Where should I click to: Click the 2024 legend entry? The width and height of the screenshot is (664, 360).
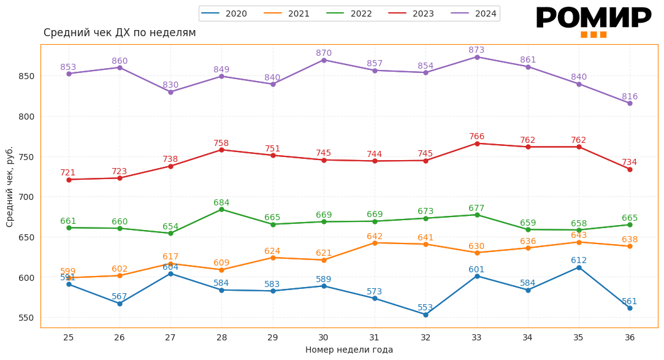pyautogui.click(x=474, y=13)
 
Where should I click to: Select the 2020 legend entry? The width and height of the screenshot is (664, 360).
pyautogui.click(x=224, y=13)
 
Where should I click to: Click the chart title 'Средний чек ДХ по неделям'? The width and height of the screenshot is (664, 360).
pyautogui.click(x=120, y=33)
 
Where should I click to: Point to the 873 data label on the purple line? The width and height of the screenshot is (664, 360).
pyautogui.click(x=476, y=50)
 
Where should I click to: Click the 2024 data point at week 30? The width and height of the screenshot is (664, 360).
pyautogui.click(x=324, y=59)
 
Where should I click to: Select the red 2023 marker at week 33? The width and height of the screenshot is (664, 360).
pyautogui.click(x=477, y=144)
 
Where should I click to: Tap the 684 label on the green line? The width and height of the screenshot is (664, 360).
pyautogui.click(x=221, y=202)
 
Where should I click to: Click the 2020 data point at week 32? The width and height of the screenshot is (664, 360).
pyautogui.click(x=425, y=315)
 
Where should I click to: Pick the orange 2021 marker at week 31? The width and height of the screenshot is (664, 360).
pyautogui.click(x=375, y=243)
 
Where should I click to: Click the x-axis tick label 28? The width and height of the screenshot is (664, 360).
pyautogui.click(x=221, y=337)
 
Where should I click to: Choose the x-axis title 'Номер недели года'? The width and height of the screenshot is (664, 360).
pyautogui.click(x=349, y=350)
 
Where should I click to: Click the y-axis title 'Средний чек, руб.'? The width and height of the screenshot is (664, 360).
pyautogui.click(x=10, y=186)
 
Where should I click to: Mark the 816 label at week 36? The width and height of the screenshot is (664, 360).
pyautogui.click(x=630, y=96)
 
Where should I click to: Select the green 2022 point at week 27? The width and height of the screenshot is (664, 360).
pyautogui.click(x=170, y=233)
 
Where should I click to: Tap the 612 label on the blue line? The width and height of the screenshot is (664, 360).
pyautogui.click(x=579, y=260)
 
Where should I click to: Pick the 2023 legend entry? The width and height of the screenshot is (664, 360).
pyautogui.click(x=411, y=13)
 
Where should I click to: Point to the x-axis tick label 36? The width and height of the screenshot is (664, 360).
pyautogui.click(x=630, y=337)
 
